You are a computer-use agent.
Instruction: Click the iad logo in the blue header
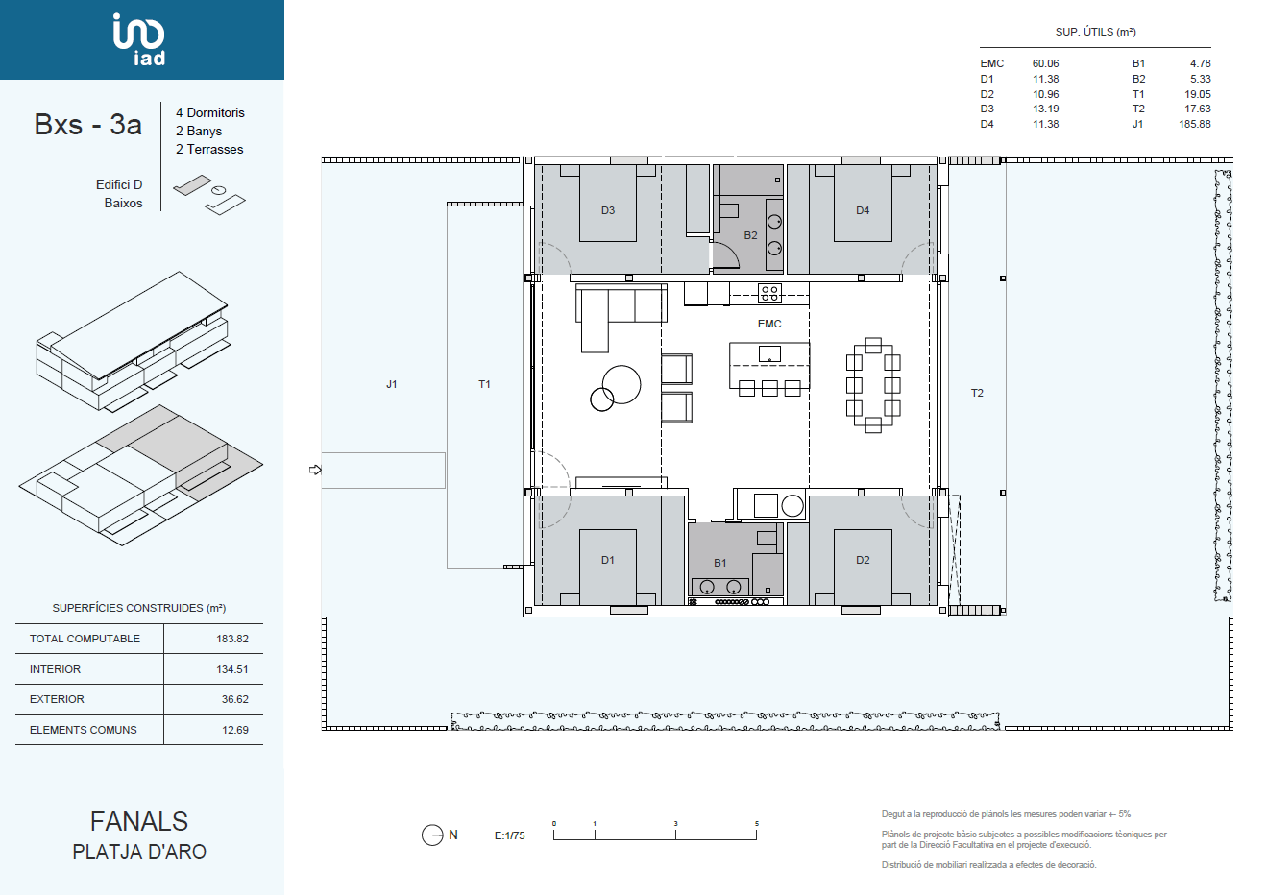(139, 39)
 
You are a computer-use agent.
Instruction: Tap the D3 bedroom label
(607, 210)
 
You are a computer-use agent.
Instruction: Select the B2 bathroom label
(750, 235)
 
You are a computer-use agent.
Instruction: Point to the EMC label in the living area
(769, 324)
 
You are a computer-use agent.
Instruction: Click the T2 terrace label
(977, 393)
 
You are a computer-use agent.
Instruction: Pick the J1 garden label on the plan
(391, 384)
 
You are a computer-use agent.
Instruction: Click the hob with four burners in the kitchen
(769, 293)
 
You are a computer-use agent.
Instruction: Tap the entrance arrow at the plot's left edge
(315, 470)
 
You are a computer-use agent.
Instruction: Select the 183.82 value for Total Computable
(231, 639)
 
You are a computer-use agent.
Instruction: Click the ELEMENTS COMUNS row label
(84, 730)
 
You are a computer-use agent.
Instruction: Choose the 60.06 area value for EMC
(1045, 64)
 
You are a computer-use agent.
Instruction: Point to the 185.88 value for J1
(1195, 124)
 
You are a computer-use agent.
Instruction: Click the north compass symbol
(432, 835)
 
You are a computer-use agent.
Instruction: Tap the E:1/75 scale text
(510, 835)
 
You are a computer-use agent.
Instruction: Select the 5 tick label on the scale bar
(756, 824)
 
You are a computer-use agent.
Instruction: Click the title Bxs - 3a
(87, 125)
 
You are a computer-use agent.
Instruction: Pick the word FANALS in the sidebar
(139, 821)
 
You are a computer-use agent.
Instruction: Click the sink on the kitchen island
(769, 354)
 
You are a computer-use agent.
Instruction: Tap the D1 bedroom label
(607, 560)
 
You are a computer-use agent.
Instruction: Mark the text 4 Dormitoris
(209, 112)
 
